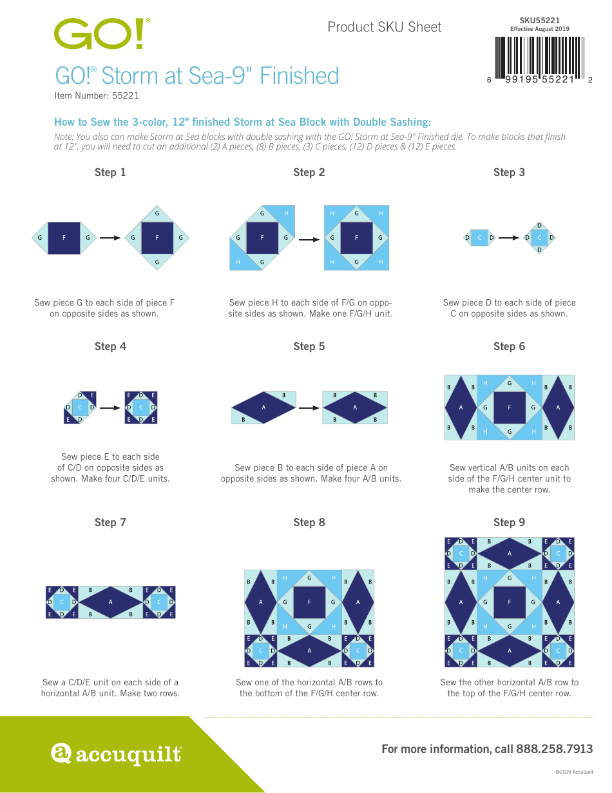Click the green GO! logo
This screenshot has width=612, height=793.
(x=102, y=34)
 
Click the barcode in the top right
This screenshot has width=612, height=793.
(x=540, y=57)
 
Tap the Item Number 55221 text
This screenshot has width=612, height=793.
(x=97, y=95)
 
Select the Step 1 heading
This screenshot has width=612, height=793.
(x=110, y=172)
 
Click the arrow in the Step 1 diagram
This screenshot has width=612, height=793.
(x=110, y=238)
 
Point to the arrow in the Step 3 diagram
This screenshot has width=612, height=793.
(x=509, y=238)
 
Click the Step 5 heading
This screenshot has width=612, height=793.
(x=309, y=346)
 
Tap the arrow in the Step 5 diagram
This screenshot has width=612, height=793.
(x=309, y=407)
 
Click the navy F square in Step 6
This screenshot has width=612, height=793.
(x=510, y=407)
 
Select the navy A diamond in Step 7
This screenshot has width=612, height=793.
(x=110, y=602)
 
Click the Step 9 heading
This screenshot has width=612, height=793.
(x=509, y=522)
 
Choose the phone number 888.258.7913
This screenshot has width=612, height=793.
(x=552, y=749)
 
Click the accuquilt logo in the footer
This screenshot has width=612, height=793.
(x=116, y=753)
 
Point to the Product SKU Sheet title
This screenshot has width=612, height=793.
(x=385, y=27)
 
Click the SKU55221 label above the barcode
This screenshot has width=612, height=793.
(x=539, y=21)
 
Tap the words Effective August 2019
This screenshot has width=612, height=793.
(x=539, y=29)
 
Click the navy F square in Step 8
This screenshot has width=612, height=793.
(x=309, y=602)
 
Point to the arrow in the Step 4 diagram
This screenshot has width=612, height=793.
(x=110, y=407)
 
